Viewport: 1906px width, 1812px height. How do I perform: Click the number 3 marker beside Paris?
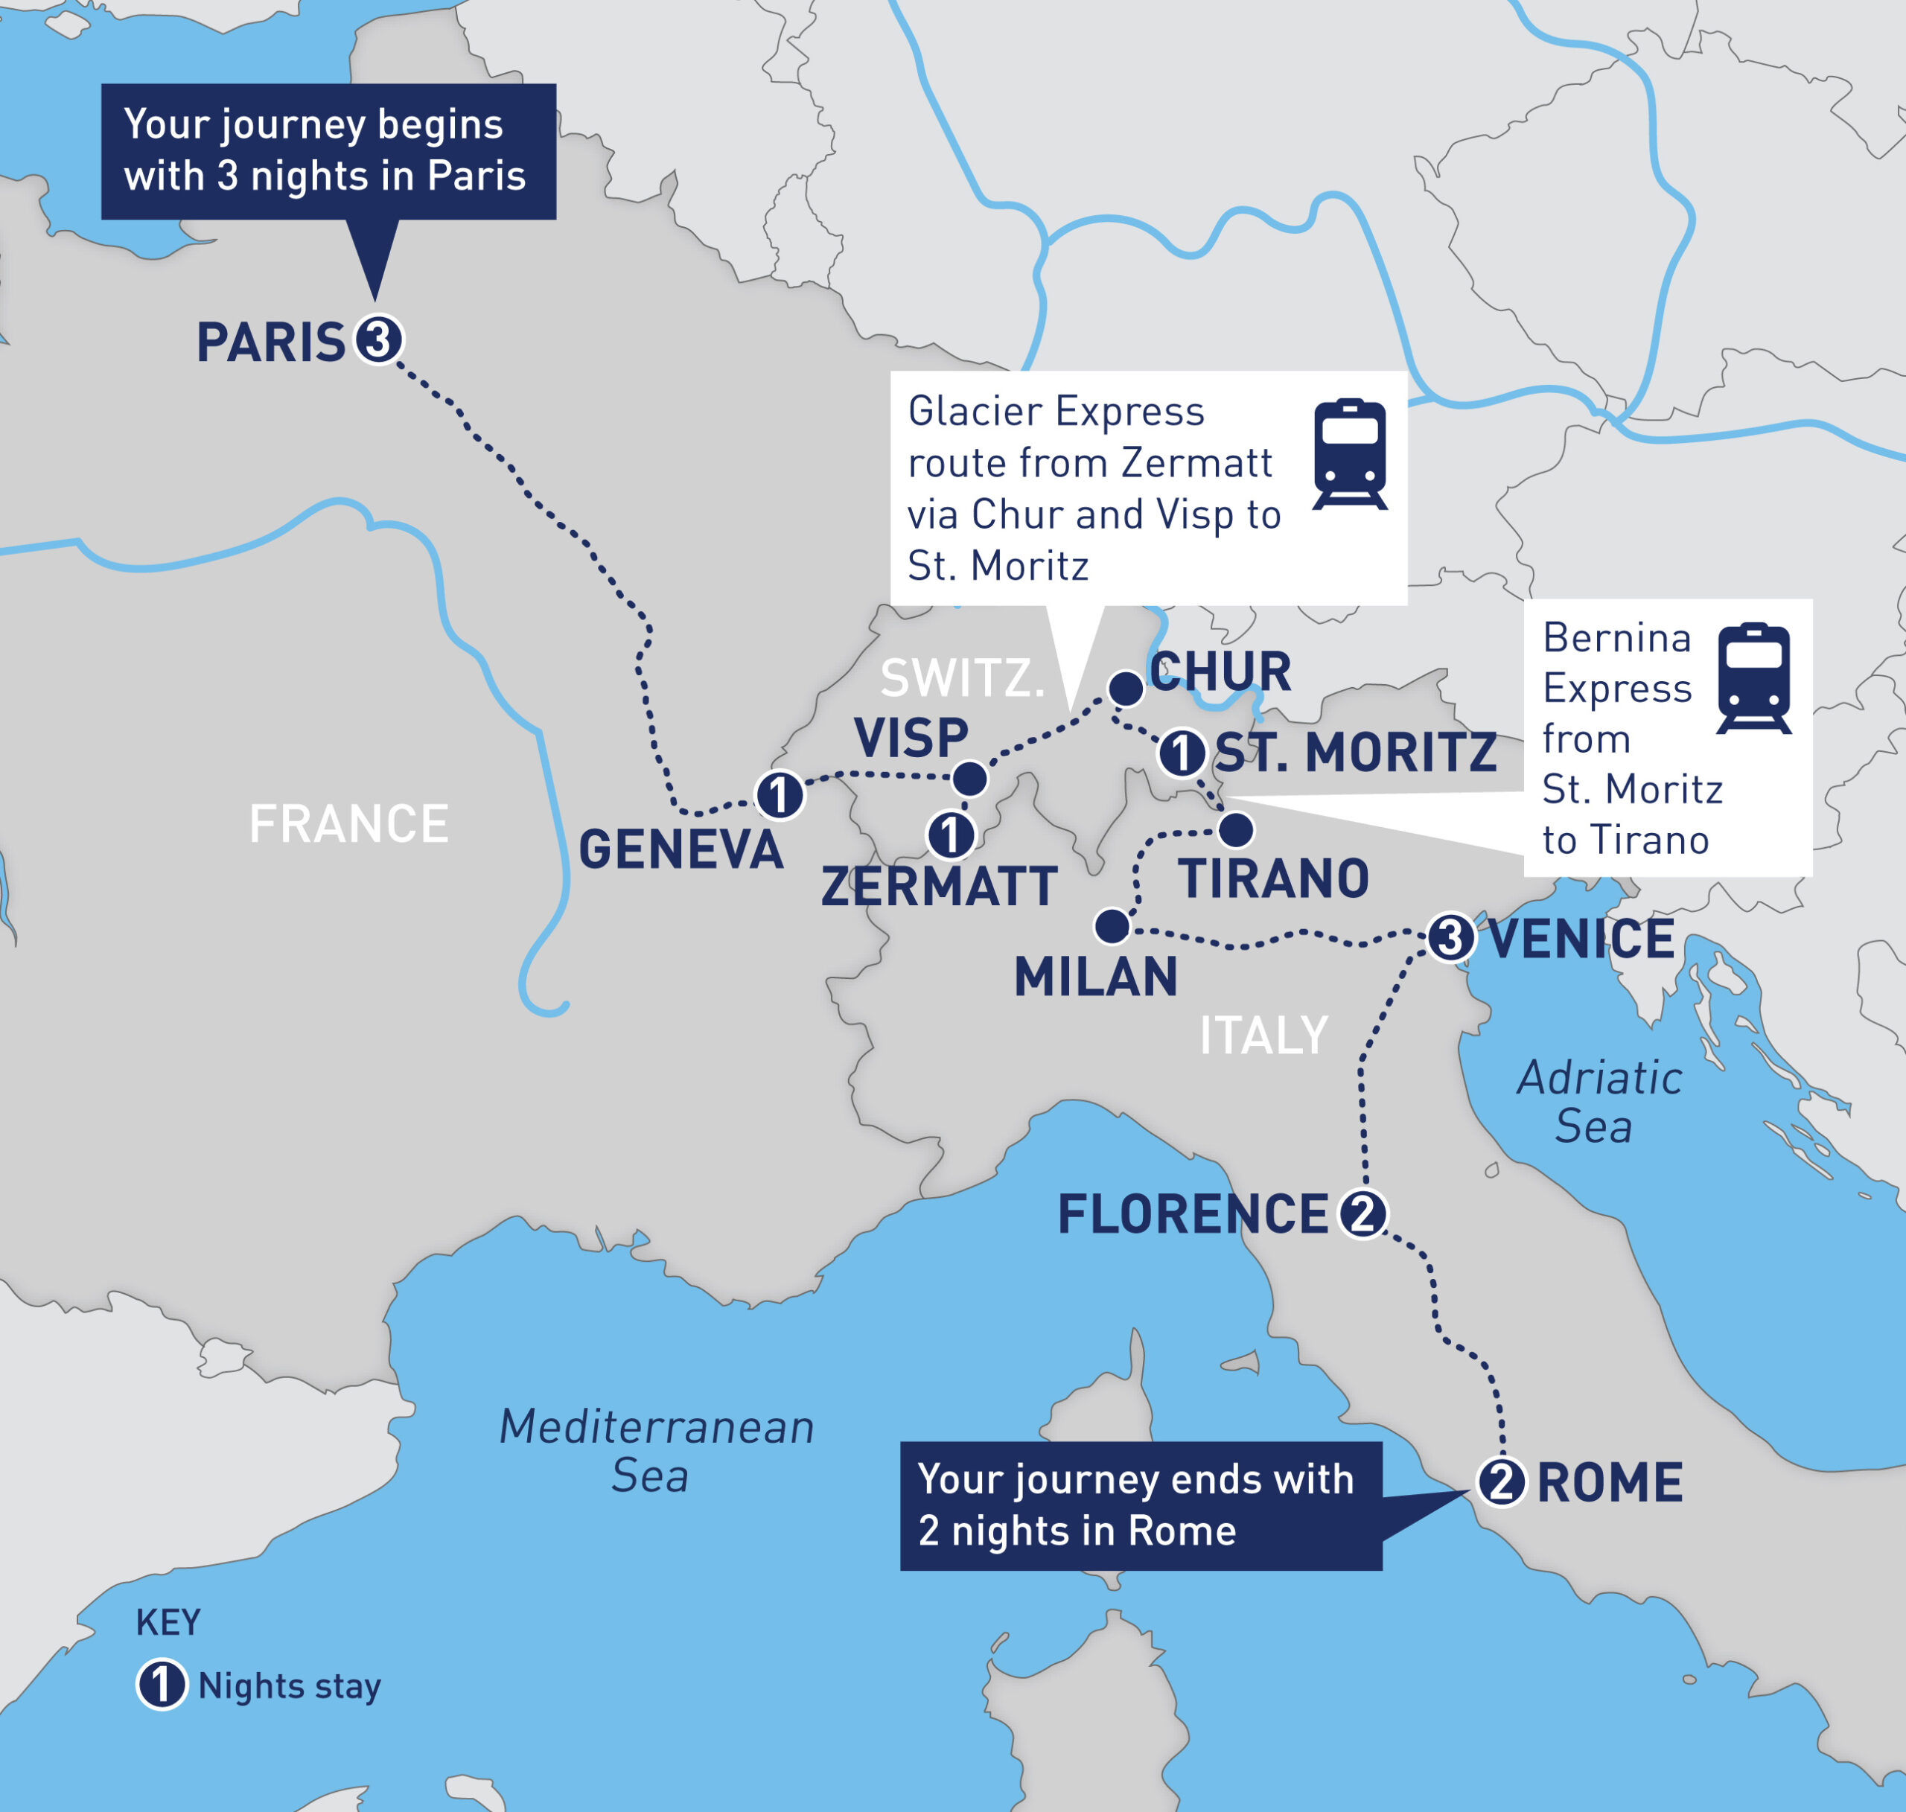377,340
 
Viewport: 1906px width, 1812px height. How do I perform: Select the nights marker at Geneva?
779,795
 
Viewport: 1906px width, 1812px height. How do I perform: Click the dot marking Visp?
970,779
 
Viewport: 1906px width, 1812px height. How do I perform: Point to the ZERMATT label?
938,887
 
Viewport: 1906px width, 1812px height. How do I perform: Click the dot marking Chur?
1126,689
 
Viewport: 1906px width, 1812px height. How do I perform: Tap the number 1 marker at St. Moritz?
1181,753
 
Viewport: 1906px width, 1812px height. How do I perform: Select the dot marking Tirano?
1237,829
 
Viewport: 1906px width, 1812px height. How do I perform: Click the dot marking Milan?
1112,926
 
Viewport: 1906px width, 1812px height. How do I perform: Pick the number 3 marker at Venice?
1450,937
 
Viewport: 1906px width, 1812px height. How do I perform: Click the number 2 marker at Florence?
1362,1214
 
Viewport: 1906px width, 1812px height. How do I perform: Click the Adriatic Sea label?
1599,1102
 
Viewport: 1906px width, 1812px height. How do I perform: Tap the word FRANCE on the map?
348,824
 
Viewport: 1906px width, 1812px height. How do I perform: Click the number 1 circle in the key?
162,1685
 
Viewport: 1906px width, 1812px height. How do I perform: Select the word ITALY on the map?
1263,1036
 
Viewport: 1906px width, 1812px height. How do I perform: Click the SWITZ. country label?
962,678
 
